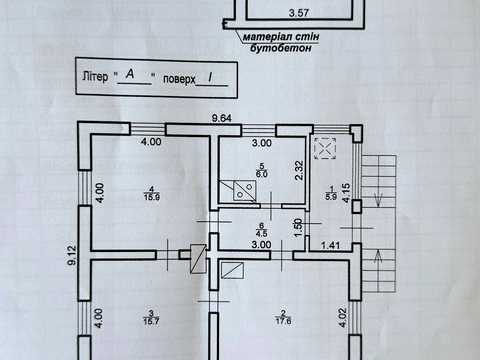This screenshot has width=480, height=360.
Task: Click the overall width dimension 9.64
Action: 222,118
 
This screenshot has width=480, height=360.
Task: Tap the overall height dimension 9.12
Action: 71,255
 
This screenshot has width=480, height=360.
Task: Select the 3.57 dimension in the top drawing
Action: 299,13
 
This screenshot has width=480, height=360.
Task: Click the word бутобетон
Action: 281,48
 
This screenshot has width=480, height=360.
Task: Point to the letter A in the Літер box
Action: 130,74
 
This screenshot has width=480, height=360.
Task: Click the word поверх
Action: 179,79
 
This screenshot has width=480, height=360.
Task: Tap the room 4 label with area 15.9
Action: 152,194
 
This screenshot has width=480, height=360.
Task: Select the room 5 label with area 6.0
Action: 262,170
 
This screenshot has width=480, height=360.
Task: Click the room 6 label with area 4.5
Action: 261,230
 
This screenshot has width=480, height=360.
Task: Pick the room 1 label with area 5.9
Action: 331,193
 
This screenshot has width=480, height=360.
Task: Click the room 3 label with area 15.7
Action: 151,317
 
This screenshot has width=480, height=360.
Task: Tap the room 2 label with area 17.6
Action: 283,317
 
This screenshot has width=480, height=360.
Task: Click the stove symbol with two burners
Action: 245,191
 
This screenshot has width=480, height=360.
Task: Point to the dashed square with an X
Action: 325,148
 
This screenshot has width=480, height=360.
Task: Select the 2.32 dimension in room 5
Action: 299,170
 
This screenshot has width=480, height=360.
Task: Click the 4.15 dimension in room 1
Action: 346,193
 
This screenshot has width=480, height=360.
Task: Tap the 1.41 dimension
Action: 330,246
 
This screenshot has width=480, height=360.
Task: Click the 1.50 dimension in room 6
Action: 298,227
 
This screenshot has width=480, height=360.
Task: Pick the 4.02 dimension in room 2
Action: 343,318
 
